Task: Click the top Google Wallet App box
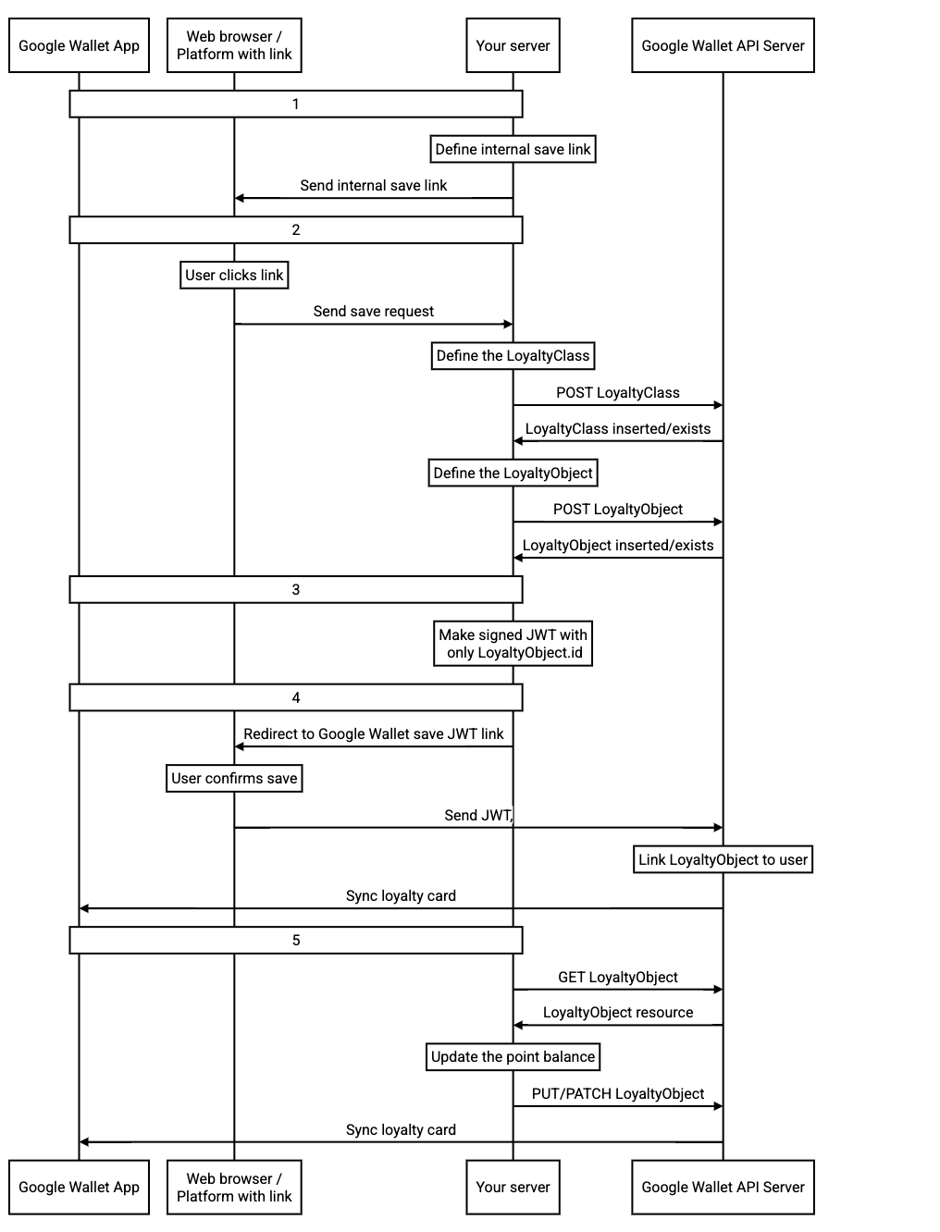coord(79,45)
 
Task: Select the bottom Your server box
coord(513,1187)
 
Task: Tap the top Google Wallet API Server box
coord(723,45)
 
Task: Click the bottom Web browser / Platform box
coord(234,1187)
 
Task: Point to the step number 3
coord(296,589)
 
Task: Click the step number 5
coord(296,940)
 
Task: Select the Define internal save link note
coord(513,149)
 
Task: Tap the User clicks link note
coord(234,275)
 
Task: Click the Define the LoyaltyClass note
coord(513,356)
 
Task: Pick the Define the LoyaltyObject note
coord(513,473)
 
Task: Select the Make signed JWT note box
coord(513,643)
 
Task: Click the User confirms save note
coord(234,779)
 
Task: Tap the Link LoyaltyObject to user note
coord(723,859)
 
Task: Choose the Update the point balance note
coord(513,1057)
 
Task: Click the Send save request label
coord(373,312)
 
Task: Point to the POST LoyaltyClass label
coord(617,393)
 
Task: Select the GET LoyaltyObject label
coord(617,977)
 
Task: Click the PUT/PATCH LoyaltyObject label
coord(617,1093)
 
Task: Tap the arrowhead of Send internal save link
coord(239,198)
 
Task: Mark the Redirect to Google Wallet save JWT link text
coord(373,733)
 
